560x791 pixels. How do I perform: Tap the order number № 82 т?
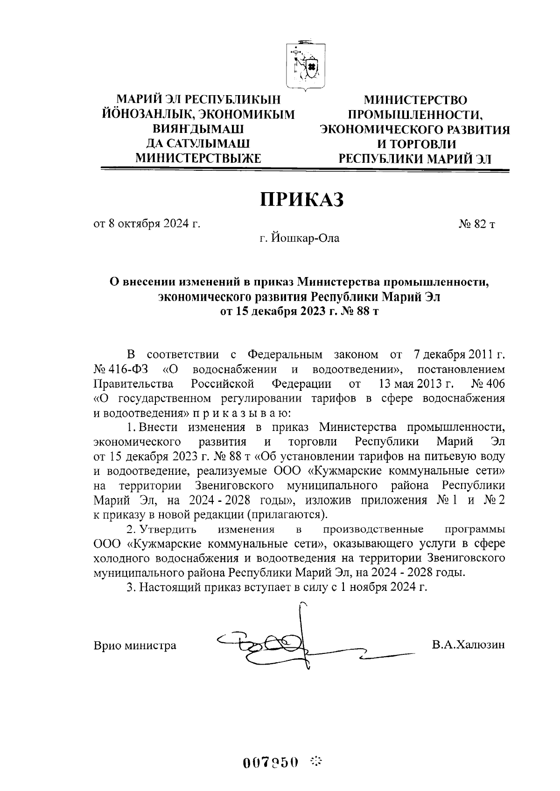point(477,224)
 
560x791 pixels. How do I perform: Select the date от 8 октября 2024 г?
point(147,224)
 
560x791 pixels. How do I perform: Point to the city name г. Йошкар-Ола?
point(300,239)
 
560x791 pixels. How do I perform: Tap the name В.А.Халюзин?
point(468,645)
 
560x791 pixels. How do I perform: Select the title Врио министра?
point(135,645)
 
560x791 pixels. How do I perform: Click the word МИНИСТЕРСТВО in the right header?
point(415,100)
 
